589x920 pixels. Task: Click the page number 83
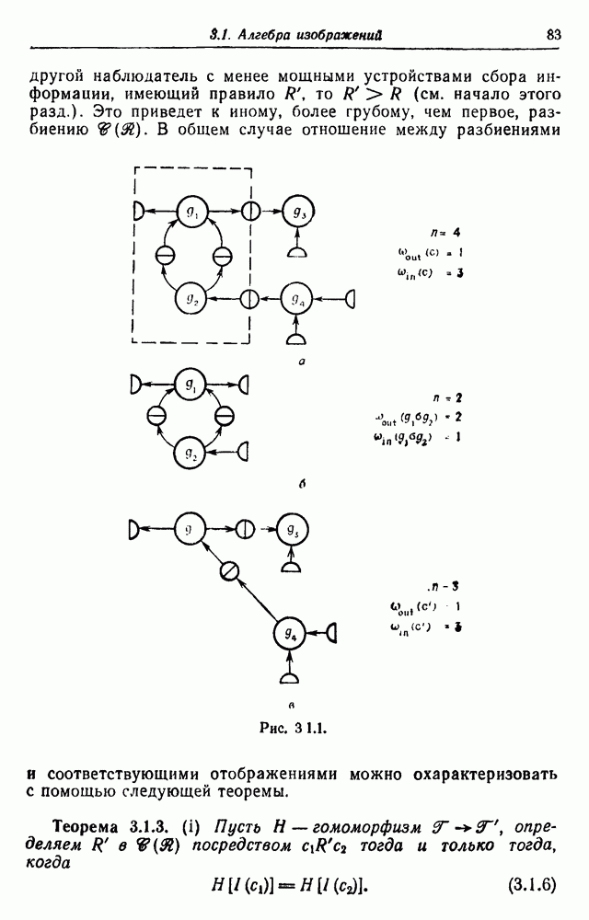[x=553, y=35]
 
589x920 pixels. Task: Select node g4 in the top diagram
[x=296, y=299]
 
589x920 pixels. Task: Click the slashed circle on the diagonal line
[x=230, y=571]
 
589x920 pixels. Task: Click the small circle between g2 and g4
[x=248, y=299]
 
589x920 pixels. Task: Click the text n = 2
[x=448, y=398]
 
